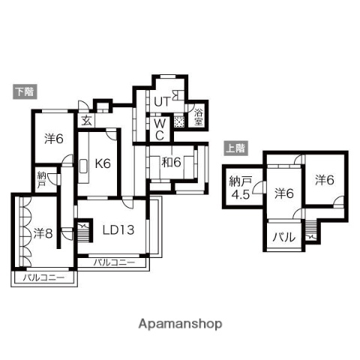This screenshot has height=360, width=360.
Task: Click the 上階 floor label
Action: [x=237, y=148]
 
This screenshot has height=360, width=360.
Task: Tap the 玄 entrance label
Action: [x=86, y=120]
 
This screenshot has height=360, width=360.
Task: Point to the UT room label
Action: [x=163, y=101]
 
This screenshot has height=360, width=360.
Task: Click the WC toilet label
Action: [x=159, y=128]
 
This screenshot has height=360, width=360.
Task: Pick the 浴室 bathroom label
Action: [x=198, y=116]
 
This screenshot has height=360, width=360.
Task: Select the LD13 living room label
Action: [x=118, y=229]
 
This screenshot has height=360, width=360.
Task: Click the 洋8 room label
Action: [x=43, y=233]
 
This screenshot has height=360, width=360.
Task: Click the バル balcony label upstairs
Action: [x=282, y=238]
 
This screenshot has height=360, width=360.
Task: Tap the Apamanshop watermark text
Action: [x=179, y=325]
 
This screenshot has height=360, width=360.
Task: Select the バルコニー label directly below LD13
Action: [x=115, y=262]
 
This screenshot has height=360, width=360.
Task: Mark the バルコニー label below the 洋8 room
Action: [x=43, y=277]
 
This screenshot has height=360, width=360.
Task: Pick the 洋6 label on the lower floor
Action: [x=52, y=138]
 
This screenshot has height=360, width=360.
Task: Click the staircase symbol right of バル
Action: [x=310, y=238]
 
